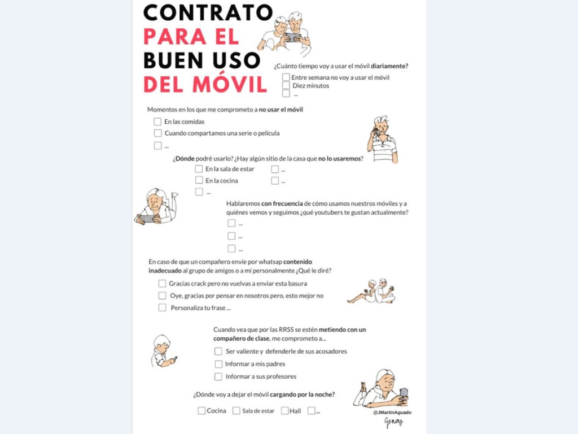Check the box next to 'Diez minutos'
click(x=286, y=85)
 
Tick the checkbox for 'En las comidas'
click(x=157, y=121)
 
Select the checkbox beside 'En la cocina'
click(x=199, y=180)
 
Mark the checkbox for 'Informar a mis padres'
click(x=218, y=364)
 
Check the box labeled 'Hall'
click(x=284, y=411)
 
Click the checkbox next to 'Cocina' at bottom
click(x=202, y=411)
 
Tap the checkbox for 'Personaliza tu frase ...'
click(x=162, y=308)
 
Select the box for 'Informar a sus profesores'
click(x=218, y=376)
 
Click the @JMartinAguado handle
click(x=392, y=413)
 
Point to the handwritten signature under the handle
click(x=393, y=422)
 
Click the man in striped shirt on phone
click(x=382, y=140)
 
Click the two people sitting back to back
click(x=373, y=291)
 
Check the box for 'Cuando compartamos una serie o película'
click(x=158, y=133)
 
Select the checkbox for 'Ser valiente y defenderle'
click(x=218, y=351)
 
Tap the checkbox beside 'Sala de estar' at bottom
click(x=237, y=411)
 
